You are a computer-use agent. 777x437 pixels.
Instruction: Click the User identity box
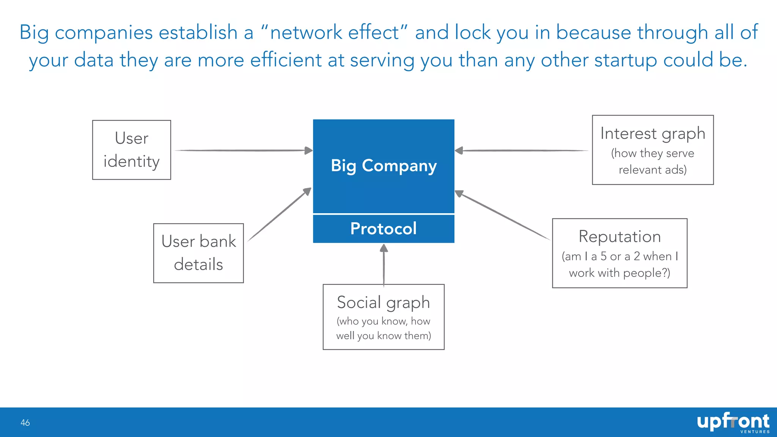click(x=132, y=150)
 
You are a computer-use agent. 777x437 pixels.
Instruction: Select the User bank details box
click(x=198, y=253)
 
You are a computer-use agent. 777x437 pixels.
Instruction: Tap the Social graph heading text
click(x=383, y=302)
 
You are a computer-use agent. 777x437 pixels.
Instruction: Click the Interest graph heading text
click(x=653, y=134)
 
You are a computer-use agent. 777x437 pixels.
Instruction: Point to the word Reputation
click(x=620, y=237)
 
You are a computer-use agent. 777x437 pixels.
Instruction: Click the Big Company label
click(x=384, y=166)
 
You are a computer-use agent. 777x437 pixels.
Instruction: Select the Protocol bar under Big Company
click(x=384, y=229)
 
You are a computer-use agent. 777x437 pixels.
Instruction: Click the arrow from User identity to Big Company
click(x=243, y=151)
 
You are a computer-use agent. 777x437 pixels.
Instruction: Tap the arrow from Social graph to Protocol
click(x=384, y=266)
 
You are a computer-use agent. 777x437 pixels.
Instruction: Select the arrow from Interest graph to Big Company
click(x=524, y=151)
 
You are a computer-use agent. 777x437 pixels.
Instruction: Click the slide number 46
click(x=25, y=423)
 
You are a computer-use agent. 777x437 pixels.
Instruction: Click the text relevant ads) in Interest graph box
click(x=653, y=170)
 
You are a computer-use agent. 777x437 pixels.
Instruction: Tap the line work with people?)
click(x=620, y=273)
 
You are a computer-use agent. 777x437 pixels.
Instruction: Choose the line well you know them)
click(x=384, y=336)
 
